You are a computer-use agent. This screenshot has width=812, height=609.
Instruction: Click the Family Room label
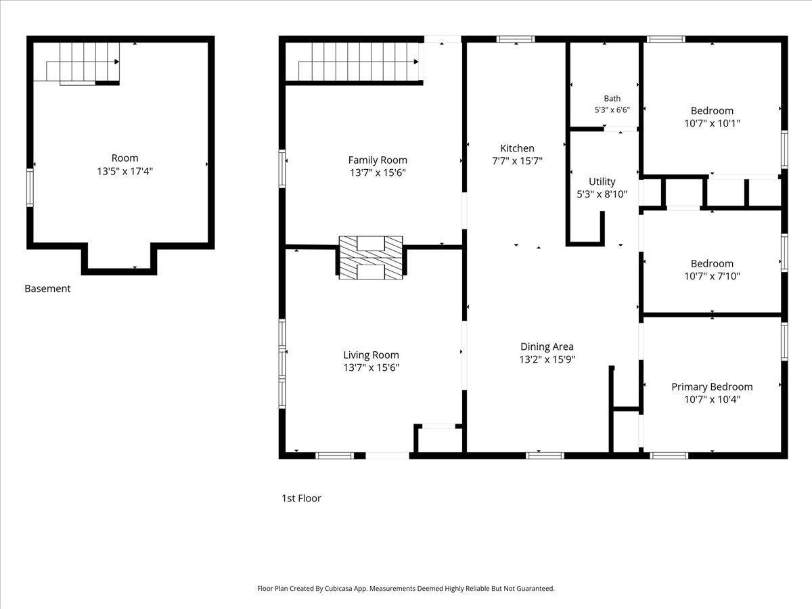[x=378, y=160]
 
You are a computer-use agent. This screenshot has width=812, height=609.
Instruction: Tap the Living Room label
[x=371, y=355]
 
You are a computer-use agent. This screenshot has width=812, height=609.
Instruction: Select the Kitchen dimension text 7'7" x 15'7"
[x=517, y=161]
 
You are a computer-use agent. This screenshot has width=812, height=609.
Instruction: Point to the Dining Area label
[x=547, y=347]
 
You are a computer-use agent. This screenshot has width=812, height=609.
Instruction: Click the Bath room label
[x=612, y=98]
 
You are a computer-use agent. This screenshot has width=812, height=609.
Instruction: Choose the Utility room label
[x=602, y=181]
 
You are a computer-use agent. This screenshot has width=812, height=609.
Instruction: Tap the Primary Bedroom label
[x=712, y=387]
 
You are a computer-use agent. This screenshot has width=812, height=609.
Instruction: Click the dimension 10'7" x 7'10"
[x=712, y=276]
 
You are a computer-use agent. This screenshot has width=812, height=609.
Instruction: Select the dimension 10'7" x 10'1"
[x=712, y=124]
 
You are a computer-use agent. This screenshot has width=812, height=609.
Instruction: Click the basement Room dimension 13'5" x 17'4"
[x=125, y=172]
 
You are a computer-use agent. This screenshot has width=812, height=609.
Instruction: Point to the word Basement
[x=47, y=288]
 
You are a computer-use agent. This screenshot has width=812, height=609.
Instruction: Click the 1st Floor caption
[x=301, y=498]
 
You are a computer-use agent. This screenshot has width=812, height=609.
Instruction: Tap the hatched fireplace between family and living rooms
[x=371, y=257]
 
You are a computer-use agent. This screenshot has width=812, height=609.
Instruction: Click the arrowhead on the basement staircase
[x=117, y=62]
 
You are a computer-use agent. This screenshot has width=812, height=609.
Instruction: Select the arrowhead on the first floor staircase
[x=416, y=62]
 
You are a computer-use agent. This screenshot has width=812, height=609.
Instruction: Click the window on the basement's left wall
[x=30, y=187]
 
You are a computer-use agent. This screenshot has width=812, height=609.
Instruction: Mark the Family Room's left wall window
[x=282, y=168]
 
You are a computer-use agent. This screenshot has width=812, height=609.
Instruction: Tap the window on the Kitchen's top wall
[x=516, y=39]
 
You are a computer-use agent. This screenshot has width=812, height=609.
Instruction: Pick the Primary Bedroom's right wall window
[x=784, y=341]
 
